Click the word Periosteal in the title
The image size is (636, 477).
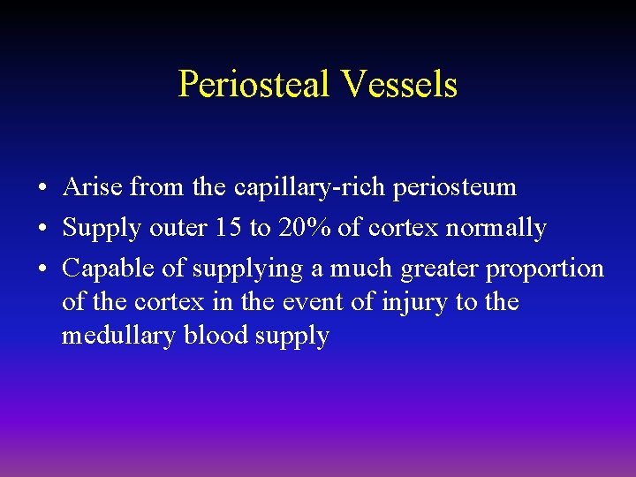click(253, 85)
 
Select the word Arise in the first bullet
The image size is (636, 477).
click(93, 187)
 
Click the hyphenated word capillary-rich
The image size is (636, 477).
click(299, 187)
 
